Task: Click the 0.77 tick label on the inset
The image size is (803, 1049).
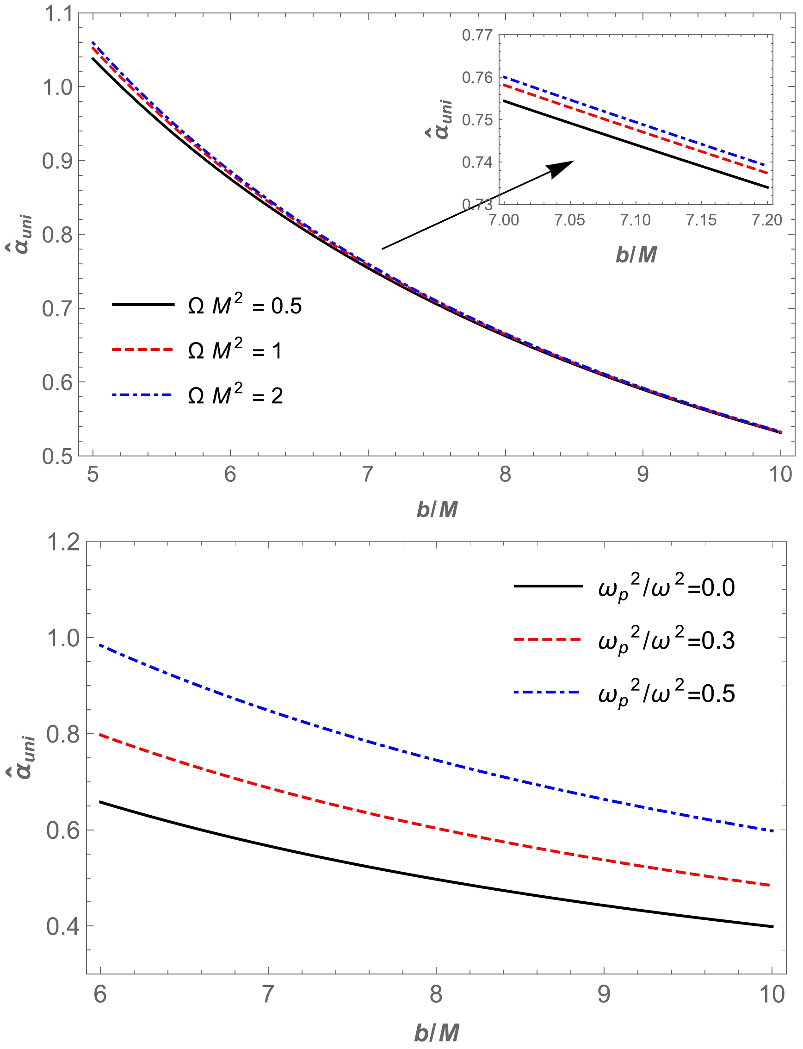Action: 477,35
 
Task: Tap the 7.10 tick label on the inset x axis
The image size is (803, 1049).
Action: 635,220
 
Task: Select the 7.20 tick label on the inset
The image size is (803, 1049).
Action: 766,220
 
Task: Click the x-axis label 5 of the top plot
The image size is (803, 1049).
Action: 93,474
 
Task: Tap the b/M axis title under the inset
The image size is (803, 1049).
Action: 636,255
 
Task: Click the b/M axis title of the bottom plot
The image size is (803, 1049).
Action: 436,1032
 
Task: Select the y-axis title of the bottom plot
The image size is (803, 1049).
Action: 21,758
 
